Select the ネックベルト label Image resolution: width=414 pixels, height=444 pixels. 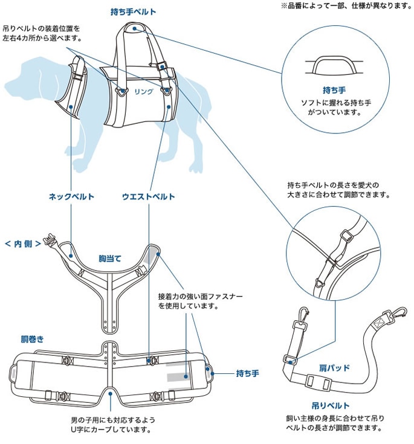(71, 196)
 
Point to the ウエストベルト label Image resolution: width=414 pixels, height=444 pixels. (148, 196)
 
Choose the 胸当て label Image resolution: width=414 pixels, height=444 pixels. (110, 258)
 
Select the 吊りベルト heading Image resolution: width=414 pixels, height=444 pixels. (334, 405)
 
